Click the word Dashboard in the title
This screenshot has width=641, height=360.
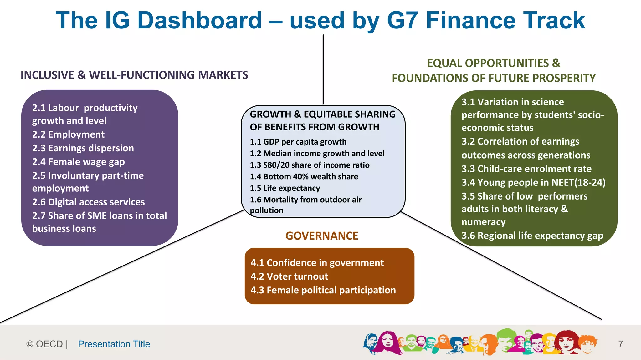tap(199, 21)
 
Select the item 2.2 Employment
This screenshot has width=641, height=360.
tap(68, 134)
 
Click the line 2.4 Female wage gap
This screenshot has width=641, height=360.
tap(78, 162)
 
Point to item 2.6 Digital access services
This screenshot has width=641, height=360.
tap(88, 202)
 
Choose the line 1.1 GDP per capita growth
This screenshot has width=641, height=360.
tap(298, 142)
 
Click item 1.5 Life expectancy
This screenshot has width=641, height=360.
tap(285, 188)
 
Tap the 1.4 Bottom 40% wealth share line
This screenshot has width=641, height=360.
tap(304, 177)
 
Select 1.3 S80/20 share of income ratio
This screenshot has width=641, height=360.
tap(310, 165)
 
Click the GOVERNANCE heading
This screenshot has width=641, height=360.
tap(322, 236)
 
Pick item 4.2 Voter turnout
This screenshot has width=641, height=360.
tap(289, 276)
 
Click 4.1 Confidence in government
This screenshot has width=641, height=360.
tap(317, 263)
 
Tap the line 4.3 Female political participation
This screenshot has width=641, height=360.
tap(323, 290)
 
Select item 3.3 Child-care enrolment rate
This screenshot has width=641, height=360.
tap(526, 169)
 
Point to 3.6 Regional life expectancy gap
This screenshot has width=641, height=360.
tap(532, 236)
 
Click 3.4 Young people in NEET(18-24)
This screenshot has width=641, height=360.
tap(533, 183)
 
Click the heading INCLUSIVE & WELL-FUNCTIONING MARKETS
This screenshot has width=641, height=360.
tap(134, 75)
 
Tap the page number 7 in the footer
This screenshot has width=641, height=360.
tap(621, 344)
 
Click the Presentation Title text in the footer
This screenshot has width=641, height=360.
tap(114, 344)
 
